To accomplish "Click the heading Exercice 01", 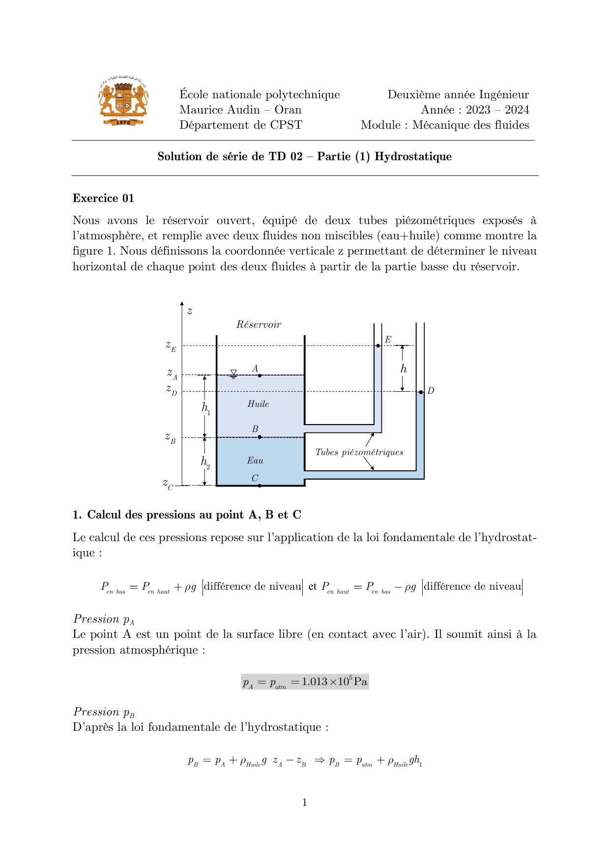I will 103,198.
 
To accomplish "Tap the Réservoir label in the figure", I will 259,324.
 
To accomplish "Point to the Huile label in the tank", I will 258,404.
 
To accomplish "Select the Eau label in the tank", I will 255,460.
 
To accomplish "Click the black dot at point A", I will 260,375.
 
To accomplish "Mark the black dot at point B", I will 260,437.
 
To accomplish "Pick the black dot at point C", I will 260,486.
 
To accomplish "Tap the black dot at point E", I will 378,346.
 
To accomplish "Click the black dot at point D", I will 421,392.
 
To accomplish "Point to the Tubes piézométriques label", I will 359,452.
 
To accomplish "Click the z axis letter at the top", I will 190,311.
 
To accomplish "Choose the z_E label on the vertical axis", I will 171,346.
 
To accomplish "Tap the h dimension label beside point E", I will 404,369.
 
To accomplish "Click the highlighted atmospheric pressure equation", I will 305,682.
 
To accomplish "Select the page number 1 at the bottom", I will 305,803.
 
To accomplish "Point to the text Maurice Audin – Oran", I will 240,110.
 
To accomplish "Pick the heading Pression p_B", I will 104,712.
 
